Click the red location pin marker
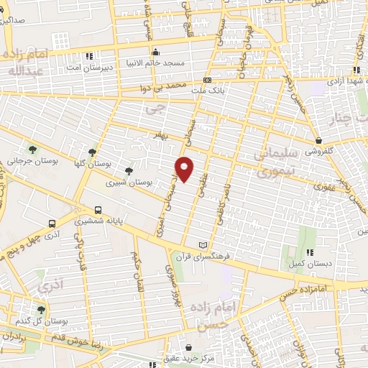coord(185,168)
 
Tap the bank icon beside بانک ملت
coord(207,80)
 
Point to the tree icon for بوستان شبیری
coord(129,170)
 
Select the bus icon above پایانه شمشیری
coord(98,211)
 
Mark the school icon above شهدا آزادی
coord(356,70)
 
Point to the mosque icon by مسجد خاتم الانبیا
coord(155,51)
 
